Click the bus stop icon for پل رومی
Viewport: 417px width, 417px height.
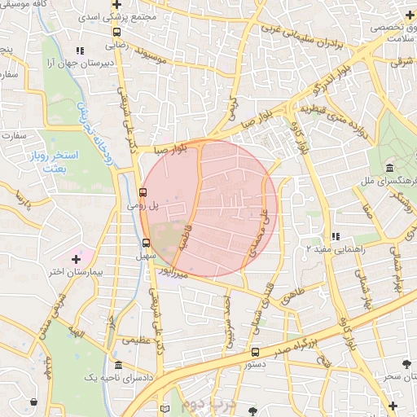click(143, 193)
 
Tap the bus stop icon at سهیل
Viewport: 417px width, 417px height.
click(146, 242)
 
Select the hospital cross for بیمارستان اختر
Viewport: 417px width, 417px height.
click(77, 259)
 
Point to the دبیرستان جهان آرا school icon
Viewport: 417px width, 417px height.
click(80, 50)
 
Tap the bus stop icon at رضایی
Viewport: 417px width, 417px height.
click(117, 33)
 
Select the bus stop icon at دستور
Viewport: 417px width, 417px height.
click(256, 352)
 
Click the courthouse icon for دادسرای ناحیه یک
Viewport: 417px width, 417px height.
click(119, 366)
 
